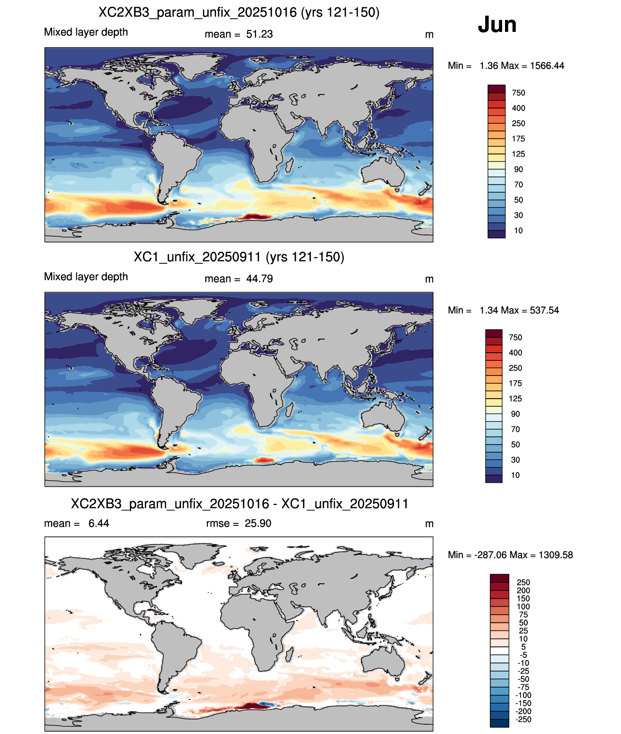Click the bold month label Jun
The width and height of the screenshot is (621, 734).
pyautogui.click(x=497, y=25)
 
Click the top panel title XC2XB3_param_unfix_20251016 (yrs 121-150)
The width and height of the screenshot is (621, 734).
pyautogui.click(x=239, y=13)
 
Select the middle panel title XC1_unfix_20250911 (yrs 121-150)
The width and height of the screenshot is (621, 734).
pyautogui.click(x=239, y=257)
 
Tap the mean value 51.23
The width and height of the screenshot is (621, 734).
pyautogui.click(x=259, y=34)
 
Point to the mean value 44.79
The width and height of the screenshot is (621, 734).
pyautogui.click(x=259, y=279)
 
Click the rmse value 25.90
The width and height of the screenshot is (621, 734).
pyautogui.click(x=258, y=523)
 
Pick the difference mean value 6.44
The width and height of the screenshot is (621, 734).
pyautogui.click(x=99, y=523)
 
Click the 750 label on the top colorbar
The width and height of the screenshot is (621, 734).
pyautogui.click(x=519, y=93)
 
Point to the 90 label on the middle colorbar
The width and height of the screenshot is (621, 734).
pyautogui.click(x=515, y=414)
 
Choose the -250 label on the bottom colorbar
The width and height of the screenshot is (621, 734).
pyautogui.click(x=523, y=720)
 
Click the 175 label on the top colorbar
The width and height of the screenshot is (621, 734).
pyautogui.click(x=519, y=139)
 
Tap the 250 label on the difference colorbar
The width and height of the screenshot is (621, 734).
pyautogui.click(x=523, y=583)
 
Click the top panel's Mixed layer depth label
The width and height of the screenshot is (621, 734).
pyautogui.click(x=86, y=32)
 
